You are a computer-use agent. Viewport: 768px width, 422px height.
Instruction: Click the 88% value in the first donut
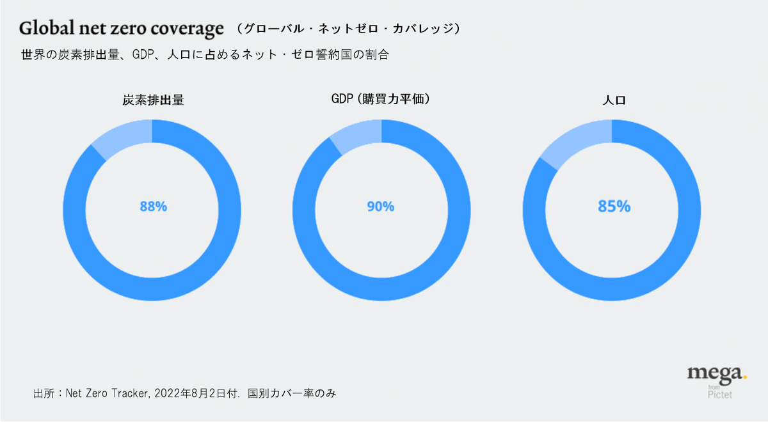coord(154,207)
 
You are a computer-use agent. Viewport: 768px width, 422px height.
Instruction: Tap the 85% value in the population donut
coord(614,207)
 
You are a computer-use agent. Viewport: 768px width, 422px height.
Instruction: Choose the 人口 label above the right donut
coord(612,100)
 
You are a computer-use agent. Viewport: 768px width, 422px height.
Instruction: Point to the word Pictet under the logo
coord(720,395)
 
